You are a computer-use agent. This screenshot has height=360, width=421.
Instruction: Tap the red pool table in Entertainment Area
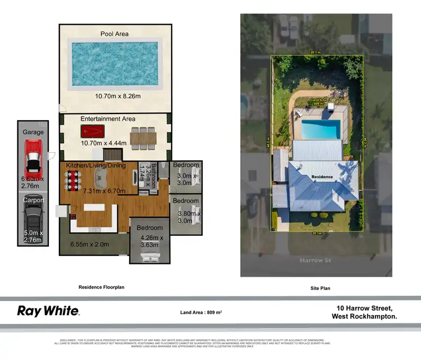[91, 132]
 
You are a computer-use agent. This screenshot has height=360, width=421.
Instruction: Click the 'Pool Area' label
[115, 34]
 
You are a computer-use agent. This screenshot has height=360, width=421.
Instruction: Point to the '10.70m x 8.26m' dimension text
[115, 97]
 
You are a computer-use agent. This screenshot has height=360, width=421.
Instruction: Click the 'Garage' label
[33, 133]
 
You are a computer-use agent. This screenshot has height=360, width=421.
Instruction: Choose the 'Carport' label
[33, 200]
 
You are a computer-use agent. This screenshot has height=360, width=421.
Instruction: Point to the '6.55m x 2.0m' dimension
[90, 244]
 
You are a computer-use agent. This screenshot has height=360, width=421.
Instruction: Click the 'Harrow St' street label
[315, 260]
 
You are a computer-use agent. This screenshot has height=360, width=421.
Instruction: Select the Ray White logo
[48, 311]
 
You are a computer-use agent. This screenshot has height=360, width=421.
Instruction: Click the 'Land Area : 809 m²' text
[201, 312]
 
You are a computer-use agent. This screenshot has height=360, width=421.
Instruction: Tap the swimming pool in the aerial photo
[319, 129]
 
